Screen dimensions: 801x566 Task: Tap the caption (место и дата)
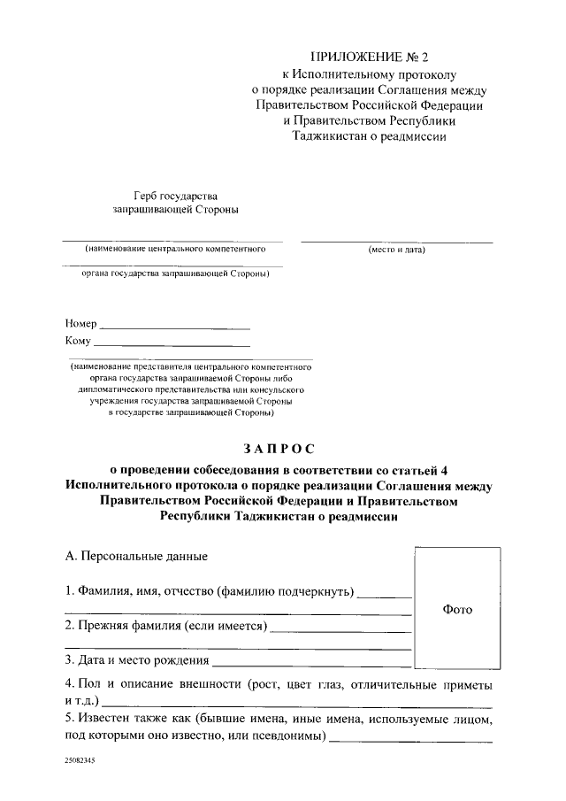[x=397, y=250]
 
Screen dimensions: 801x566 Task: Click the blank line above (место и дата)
[x=397, y=241]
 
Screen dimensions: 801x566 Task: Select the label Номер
[x=80, y=324]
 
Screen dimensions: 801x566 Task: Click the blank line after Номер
[x=175, y=327]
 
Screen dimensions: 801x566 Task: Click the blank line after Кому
[x=172, y=344]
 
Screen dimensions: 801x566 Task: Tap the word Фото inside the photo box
[x=457, y=610]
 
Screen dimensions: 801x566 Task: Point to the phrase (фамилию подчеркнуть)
[x=287, y=590]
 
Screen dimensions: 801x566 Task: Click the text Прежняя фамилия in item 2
[x=128, y=626]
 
